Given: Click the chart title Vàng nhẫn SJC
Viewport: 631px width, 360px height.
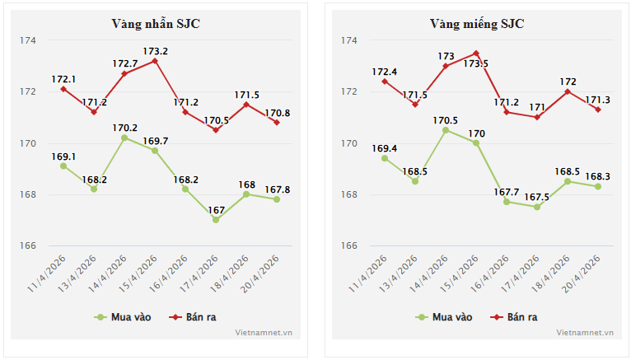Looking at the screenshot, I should coord(156,24).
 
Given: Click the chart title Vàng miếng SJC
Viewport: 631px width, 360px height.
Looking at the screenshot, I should coord(476,24).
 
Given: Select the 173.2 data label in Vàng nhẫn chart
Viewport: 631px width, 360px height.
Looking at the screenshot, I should coord(155,51).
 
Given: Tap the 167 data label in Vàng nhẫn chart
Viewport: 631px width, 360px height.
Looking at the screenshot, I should coord(216,209).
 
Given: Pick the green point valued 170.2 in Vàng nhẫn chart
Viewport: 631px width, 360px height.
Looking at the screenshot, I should coord(124,138).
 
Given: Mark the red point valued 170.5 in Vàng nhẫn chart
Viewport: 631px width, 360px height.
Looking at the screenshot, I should coord(216,130).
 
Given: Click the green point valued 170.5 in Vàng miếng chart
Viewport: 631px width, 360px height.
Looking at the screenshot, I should coord(446,130).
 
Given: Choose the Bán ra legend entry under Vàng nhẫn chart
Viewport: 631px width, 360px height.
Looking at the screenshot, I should coord(194,316).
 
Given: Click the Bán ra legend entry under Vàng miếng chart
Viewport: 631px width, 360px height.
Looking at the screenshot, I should coord(515,316).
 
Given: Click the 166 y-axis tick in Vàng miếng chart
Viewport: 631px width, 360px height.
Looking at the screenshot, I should coord(349,246).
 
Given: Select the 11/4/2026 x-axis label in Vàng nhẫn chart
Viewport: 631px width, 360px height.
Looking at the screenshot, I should coord(46,275).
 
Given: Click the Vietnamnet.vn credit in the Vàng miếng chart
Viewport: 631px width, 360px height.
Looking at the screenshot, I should coord(585,333).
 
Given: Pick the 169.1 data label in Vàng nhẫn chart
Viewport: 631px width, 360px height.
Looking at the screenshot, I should coord(63,156).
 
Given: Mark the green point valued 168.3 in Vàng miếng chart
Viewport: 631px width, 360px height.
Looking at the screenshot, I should coord(598,186).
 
